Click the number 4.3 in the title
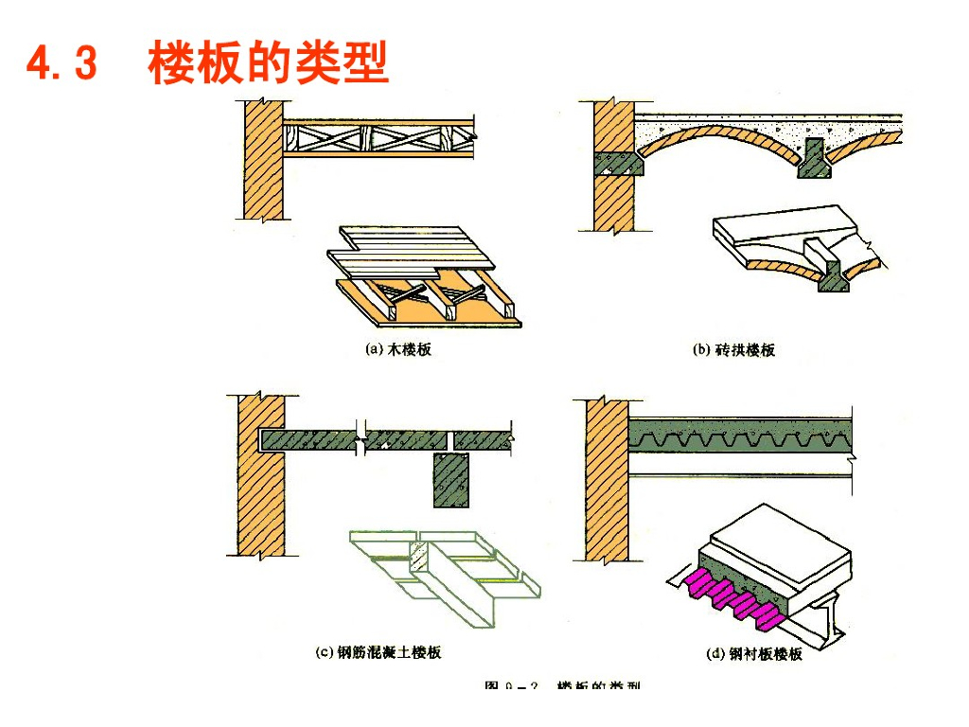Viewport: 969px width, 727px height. (62, 65)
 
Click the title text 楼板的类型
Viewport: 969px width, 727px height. (269, 65)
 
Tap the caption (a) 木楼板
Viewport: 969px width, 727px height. (398, 349)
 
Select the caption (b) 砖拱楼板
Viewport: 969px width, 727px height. (733, 349)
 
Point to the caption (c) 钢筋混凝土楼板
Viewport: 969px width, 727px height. (378, 652)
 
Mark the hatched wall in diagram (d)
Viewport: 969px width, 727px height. (607, 473)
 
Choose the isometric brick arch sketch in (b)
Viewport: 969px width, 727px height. (795, 246)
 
